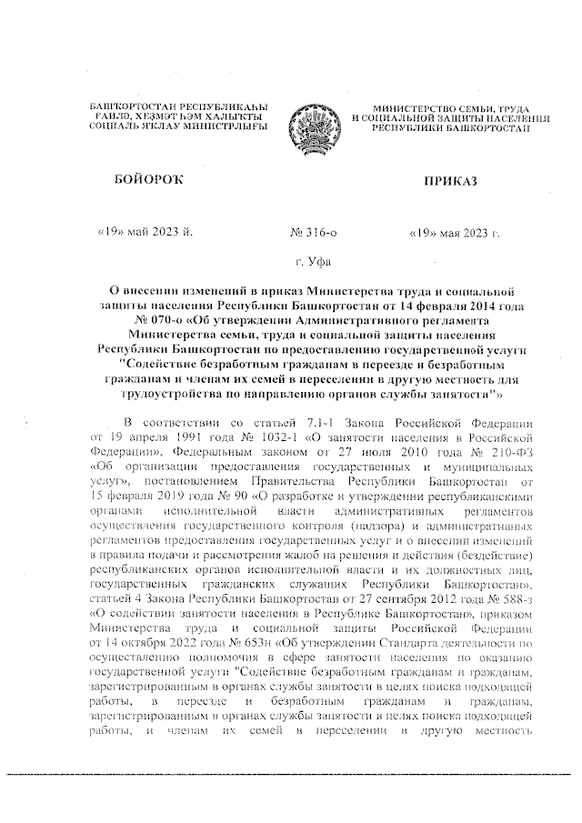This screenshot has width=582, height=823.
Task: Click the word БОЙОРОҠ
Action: pos(144,183)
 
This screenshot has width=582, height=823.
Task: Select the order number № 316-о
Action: pos(313,233)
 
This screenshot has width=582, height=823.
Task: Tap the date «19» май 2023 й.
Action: pos(145,233)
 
